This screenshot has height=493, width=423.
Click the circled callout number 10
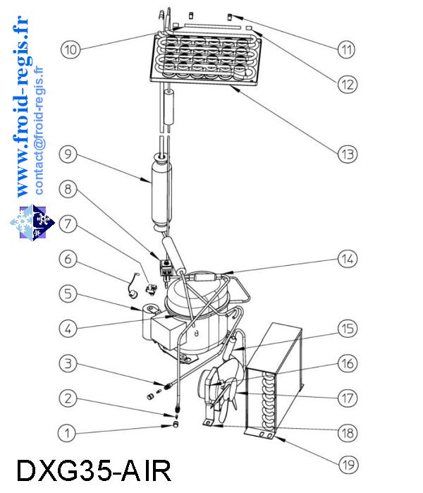(x=70, y=49)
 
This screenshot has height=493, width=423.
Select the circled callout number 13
(x=348, y=154)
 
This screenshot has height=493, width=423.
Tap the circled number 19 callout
(x=348, y=464)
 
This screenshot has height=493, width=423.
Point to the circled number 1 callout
(x=67, y=433)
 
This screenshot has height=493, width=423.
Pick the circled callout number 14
(x=348, y=259)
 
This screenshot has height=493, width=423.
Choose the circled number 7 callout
(x=68, y=224)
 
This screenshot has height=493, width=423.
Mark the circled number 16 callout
(x=348, y=363)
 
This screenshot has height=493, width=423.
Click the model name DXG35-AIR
(x=94, y=470)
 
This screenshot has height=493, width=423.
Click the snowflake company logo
(x=32, y=222)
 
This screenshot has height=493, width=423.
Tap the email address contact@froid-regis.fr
(x=39, y=130)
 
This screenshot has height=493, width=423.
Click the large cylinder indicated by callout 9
(x=161, y=192)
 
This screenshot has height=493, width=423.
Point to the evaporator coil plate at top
(x=206, y=58)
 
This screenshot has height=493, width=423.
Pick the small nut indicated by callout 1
(x=176, y=425)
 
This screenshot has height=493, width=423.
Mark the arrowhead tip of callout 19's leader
(x=275, y=437)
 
